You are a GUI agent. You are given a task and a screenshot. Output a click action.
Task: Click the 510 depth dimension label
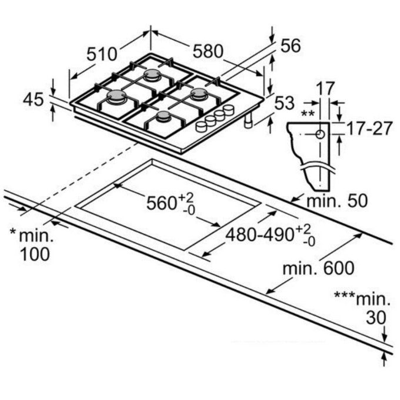[x=102, y=54]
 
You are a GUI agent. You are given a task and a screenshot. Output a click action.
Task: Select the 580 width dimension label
[x=208, y=51]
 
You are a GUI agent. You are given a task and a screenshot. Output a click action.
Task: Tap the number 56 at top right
[x=291, y=46]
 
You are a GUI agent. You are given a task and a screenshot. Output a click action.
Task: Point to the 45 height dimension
[x=34, y=99]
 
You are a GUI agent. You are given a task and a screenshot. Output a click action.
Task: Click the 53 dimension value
[x=285, y=103]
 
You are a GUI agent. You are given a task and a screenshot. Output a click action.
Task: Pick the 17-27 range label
[x=369, y=128]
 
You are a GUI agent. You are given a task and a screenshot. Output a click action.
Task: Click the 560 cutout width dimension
[x=171, y=204]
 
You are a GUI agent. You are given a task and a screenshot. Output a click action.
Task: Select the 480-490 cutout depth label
[x=271, y=235]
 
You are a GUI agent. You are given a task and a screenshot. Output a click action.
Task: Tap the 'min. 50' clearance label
[x=337, y=201]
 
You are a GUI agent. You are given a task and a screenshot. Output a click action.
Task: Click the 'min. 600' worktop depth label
[x=318, y=268]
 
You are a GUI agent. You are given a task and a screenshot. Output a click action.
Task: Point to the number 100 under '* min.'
[x=35, y=254]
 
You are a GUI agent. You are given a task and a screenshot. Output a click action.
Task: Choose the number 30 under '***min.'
[x=376, y=318]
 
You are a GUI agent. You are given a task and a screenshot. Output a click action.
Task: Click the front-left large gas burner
[x=117, y=96]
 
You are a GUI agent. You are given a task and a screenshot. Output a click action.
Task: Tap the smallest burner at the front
[x=164, y=116]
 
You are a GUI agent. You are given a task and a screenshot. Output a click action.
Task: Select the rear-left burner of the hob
[x=152, y=75]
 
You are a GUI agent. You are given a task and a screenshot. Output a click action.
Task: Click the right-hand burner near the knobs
[x=199, y=93]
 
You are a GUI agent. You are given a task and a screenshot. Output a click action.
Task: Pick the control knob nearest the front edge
[x=201, y=126]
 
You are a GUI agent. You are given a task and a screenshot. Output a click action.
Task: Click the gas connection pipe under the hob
[x=248, y=121]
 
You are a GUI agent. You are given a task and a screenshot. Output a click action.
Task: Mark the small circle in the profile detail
[x=320, y=134]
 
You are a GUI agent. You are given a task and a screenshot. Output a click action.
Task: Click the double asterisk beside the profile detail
[x=308, y=113]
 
